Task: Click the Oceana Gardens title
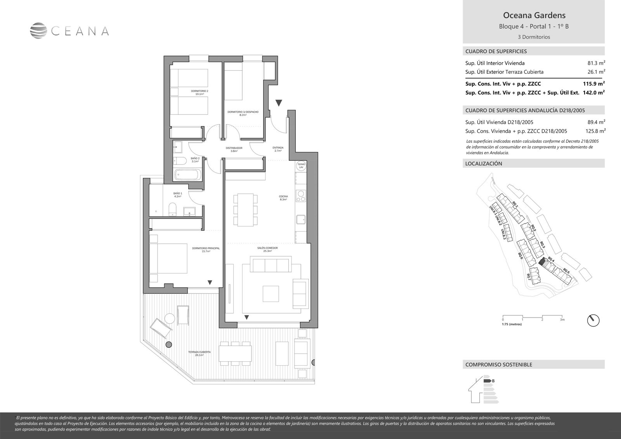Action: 534,16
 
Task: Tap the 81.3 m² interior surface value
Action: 597,63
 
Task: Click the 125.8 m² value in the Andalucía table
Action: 595,131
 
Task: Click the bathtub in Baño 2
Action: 187,175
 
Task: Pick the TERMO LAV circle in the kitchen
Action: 301,166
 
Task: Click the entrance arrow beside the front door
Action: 279,103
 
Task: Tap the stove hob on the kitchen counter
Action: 300,196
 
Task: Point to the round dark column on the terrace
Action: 168,345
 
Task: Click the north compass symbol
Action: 593,321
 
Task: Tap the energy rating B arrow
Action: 487,381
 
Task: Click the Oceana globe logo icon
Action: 38,31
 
